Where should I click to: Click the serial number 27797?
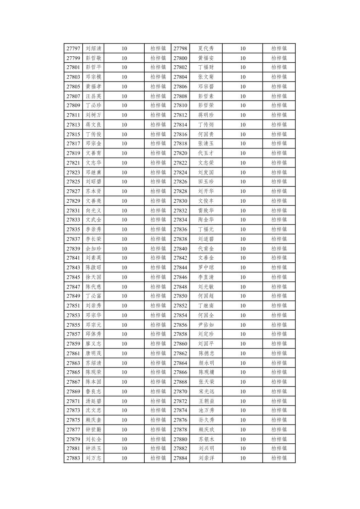[73, 48]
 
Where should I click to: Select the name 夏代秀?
[206, 48]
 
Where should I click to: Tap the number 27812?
[180, 115]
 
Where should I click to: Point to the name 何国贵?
[206, 134]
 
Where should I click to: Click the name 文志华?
[93, 163]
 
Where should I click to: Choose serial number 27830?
[180, 201]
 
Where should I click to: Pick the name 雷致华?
[206, 210]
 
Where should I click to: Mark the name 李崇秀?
[93, 230]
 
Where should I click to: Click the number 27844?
[180, 267]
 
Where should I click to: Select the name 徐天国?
[93, 277]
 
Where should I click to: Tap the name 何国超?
[206, 296]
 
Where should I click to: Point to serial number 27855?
[73, 325]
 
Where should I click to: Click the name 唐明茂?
[93, 353]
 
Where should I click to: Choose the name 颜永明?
[206, 363]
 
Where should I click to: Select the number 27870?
[180, 391]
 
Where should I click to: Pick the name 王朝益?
[206, 401]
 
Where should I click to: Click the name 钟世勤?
[93, 430]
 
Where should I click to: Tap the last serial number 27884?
[180, 458]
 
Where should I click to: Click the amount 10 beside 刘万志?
[124, 458]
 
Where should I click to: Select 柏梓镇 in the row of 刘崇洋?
[279, 458]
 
